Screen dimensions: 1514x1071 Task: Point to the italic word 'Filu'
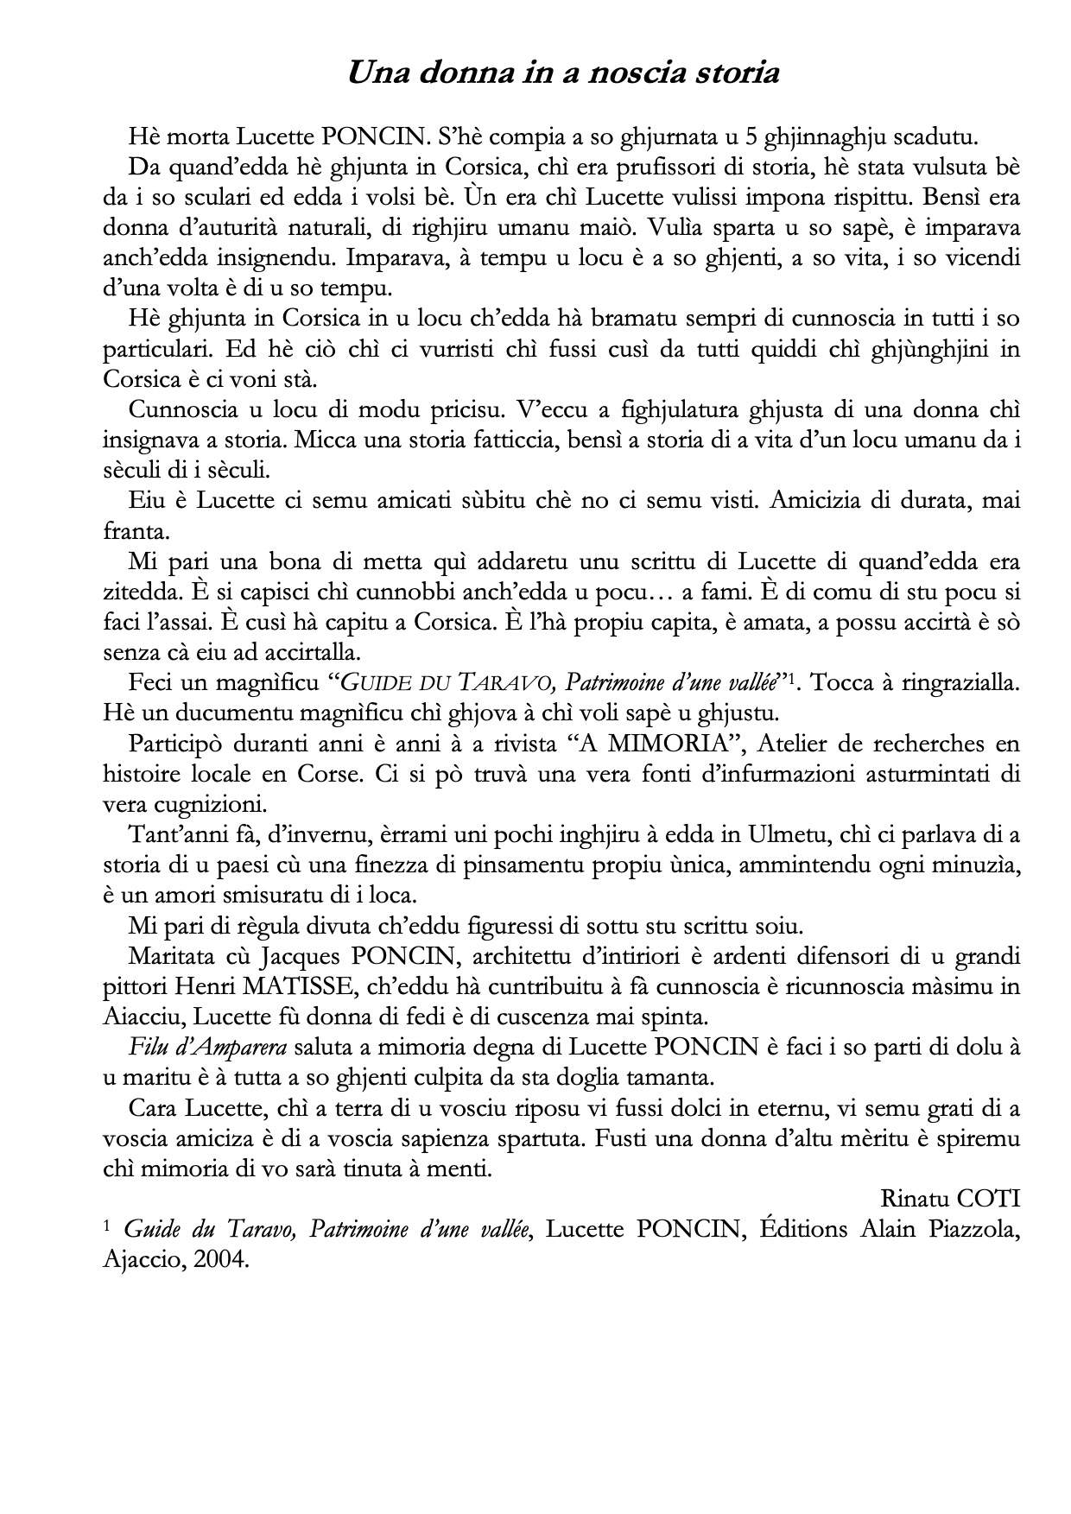click(x=144, y=1048)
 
